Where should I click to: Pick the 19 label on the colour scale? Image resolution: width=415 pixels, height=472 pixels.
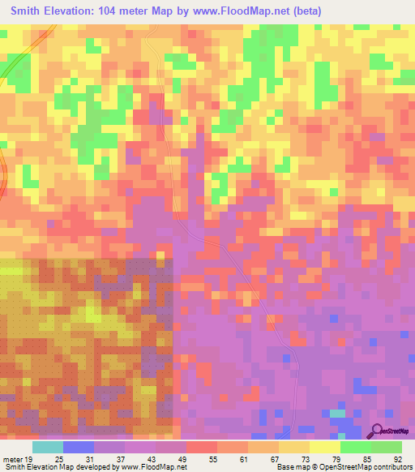click(x=30, y=458)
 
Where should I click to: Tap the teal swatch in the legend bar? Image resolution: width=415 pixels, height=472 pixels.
click(x=48, y=447)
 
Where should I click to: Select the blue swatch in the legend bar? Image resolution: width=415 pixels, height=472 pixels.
click(x=79, y=447)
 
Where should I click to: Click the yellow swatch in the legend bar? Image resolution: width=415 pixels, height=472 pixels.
click(x=324, y=447)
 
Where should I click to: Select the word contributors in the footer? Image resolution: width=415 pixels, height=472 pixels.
click(x=394, y=467)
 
